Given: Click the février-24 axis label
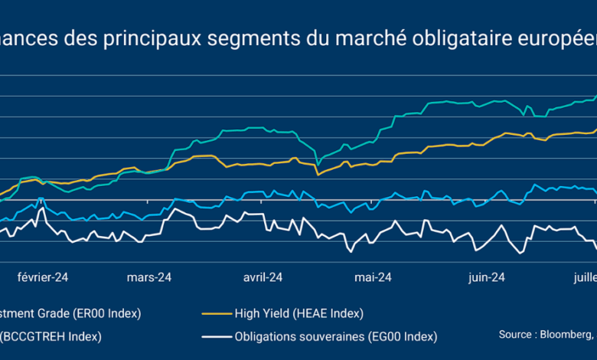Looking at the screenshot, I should click(44, 277).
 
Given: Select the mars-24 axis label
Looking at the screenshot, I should click(149, 277).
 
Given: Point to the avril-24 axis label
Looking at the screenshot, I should click(263, 277).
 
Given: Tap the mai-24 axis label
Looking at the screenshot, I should click(373, 277).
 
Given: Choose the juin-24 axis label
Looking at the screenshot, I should click(487, 277).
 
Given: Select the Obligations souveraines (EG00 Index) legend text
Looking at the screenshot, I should click(336, 336).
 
